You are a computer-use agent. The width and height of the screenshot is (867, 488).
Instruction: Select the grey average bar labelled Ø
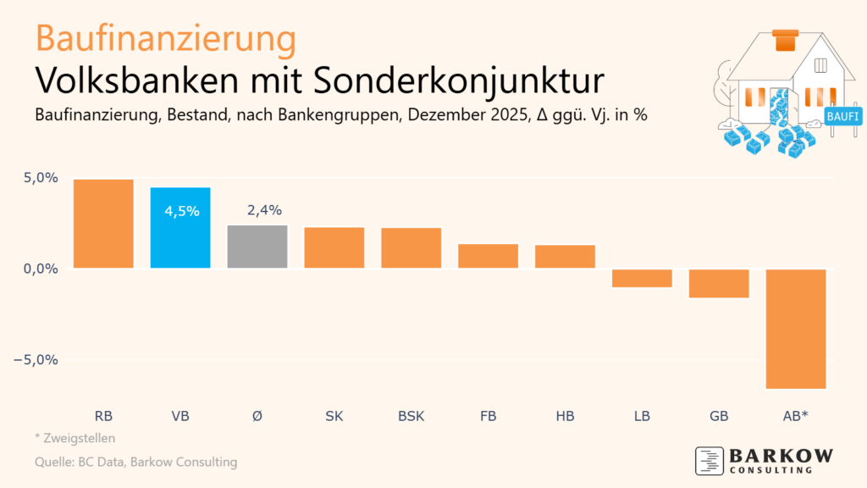click(257, 247)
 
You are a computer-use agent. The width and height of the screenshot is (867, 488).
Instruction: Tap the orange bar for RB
click(103, 224)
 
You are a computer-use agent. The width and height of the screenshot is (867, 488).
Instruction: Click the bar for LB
click(642, 278)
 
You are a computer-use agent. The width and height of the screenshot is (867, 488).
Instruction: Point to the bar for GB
click(719, 283)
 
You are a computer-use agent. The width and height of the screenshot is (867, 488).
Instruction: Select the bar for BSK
click(411, 247)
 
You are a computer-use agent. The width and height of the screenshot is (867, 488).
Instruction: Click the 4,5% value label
click(181, 211)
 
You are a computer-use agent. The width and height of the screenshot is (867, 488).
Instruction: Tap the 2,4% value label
click(257, 210)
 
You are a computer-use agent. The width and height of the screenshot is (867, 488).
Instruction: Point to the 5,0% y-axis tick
click(40, 178)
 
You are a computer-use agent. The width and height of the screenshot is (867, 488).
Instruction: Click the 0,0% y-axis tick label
click(40, 269)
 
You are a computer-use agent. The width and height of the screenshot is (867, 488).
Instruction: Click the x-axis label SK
click(334, 416)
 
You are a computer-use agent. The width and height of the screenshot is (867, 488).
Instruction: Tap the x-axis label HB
click(565, 416)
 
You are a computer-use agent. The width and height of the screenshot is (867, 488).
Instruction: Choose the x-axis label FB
click(488, 416)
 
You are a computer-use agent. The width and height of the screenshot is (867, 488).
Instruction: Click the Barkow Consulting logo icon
click(708, 460)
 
